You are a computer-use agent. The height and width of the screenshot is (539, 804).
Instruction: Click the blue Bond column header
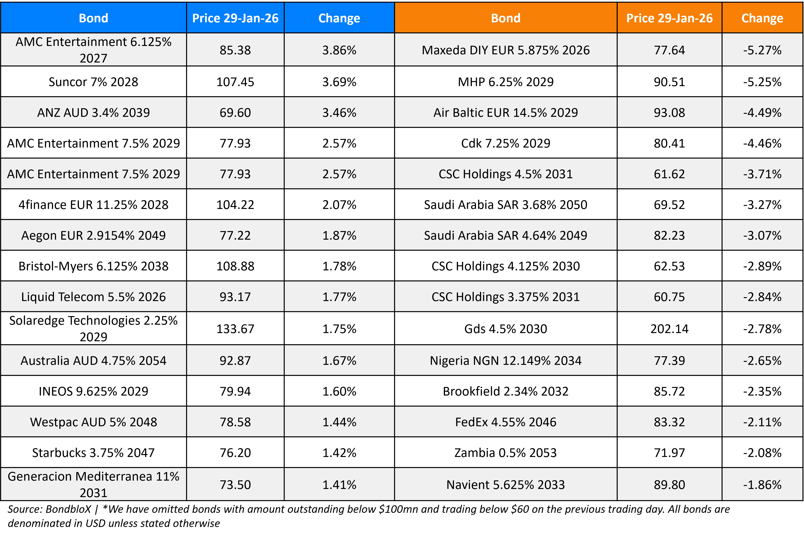[x=93, y=18]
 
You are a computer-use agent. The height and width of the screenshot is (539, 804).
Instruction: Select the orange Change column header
[x=762, y=18]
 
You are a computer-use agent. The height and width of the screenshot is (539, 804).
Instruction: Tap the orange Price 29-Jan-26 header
[x=669, y=18]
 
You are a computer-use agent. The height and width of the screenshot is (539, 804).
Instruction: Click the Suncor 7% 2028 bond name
[x=93, y=82]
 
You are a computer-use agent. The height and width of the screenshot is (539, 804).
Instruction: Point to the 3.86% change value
[x=339, y=50]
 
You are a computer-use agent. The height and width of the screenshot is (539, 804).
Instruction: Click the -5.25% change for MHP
[x=762, y=82]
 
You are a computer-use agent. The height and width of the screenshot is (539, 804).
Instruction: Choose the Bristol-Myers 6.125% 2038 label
[x=93, y=266]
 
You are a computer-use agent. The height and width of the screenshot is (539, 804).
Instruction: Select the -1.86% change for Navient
[x=762, y=485]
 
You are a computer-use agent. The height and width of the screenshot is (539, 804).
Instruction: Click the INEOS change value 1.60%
[x=339, y=391]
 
